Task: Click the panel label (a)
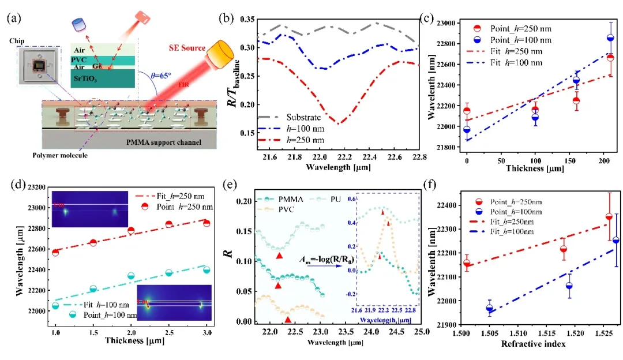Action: point(14,17)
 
